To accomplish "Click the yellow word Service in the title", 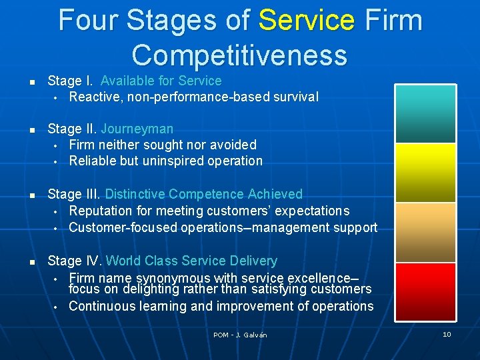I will click(x=306, y=20).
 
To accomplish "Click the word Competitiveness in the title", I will click(x=239, y=55).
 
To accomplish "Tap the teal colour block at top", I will click(x=425, y=113).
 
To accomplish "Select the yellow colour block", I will click(x=425, y=173).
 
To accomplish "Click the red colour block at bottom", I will click(x=425, y=292).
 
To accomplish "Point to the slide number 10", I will click(x=447, y=334).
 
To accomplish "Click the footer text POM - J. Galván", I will click(x=240, y=335).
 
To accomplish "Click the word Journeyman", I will click(x=137, y=129).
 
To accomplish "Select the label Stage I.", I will click(x=71, y=81).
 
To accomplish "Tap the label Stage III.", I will click(x=74, y=194).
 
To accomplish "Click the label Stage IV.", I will click(x=75, y=261).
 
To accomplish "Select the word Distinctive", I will click(x=135, y=194).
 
